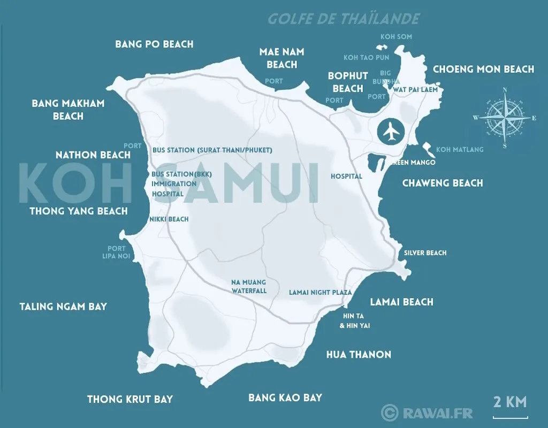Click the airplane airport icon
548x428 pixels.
pos(391,132)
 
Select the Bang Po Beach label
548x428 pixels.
pos(154,44)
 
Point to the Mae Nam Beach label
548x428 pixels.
pos(281,58)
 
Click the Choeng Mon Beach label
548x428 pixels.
pos(483,69)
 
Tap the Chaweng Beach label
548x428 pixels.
pos(442,183)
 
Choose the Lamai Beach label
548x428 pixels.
pos(401,302)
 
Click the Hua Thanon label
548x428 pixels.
pos(359,354)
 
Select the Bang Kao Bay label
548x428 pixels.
pos(285,398)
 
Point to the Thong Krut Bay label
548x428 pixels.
pos(130,399)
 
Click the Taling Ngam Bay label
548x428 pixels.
pos(63,307)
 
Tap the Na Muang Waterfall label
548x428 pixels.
pos(248,287)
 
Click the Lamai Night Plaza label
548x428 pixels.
pos(320,293)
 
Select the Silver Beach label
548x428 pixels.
pos(425,253)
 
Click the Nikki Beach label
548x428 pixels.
pos(170,219)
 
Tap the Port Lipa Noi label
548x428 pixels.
pos(116,253)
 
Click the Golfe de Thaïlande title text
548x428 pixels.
pos(343,19)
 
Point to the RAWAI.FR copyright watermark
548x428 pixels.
pos(427,412)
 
